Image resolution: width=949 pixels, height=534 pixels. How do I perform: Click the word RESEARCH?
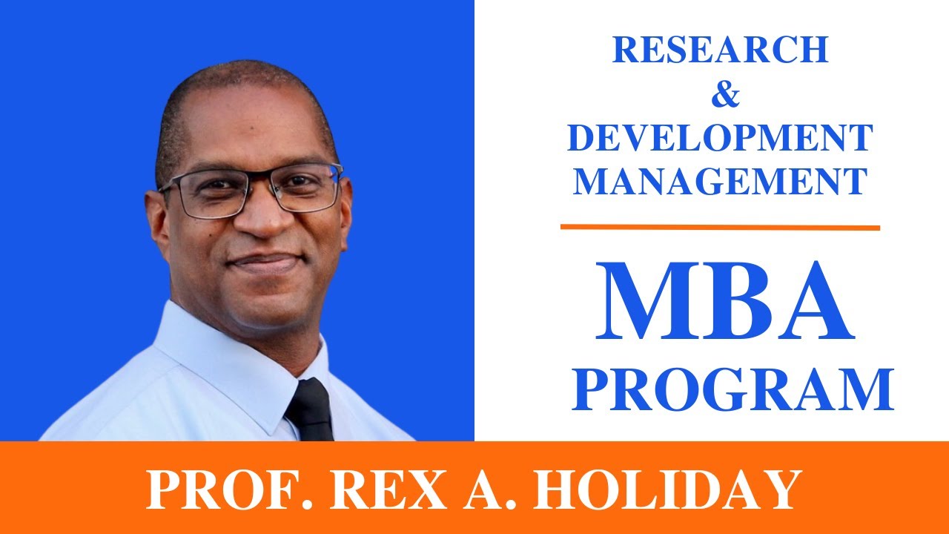tap(720, 50)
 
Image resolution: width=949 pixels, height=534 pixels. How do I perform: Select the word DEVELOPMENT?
tap(720, 139)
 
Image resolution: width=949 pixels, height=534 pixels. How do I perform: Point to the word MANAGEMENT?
tap(720, 181)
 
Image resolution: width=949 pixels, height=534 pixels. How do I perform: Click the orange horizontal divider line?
tap(720, 227)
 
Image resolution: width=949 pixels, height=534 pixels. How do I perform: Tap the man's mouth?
tap(265, 261)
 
